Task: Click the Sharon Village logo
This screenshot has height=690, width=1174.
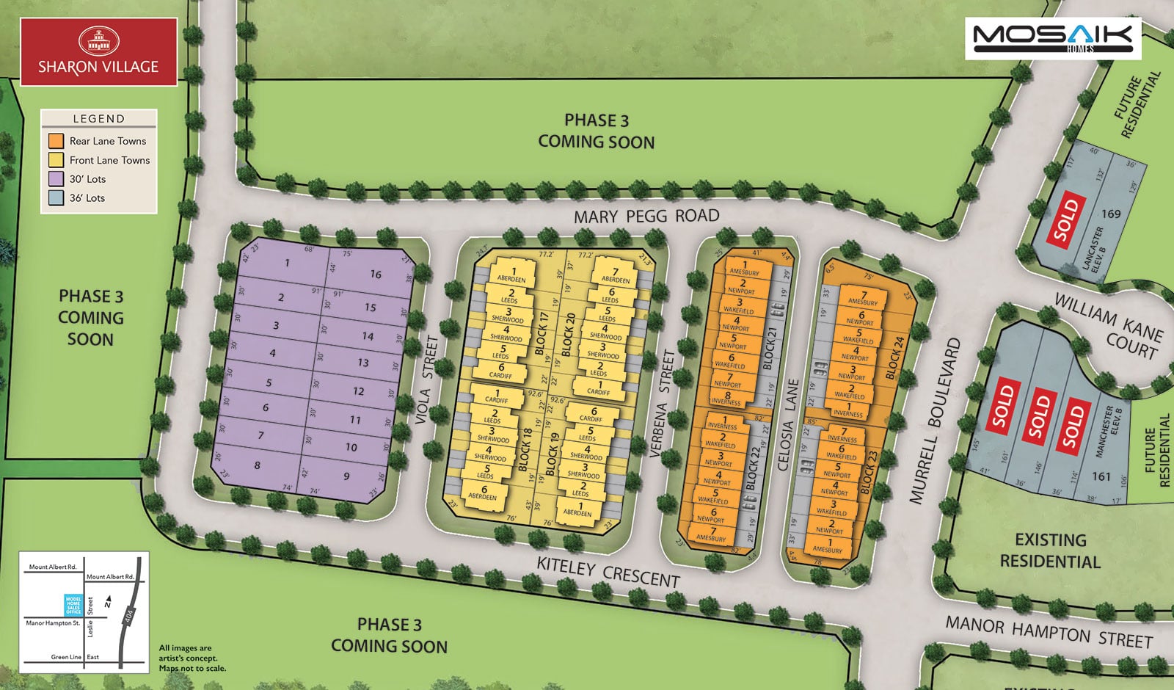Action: [x=98, y=52]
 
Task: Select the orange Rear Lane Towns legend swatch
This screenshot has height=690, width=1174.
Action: [x=56, y=141]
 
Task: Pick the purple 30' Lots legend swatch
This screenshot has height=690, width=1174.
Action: [x=56, y=179]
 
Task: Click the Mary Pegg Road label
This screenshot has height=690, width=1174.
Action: [x=646, y=216]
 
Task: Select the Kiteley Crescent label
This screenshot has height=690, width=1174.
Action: [x=608, y=572]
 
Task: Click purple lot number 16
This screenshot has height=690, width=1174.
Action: [x=376, y=274]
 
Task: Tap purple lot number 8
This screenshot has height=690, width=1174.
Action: [x=257, y=465]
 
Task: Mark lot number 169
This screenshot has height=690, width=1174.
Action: [x=1111, y=214]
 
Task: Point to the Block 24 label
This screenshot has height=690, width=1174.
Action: [x=896, y=357]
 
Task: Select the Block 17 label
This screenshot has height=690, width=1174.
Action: [x=543, y=333]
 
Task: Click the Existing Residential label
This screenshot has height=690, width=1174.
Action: [x=1050, y=551]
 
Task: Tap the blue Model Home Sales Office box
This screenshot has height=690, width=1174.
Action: [x=73, y=605]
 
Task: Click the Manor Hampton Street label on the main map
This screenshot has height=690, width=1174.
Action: [x=1049, y=632]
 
